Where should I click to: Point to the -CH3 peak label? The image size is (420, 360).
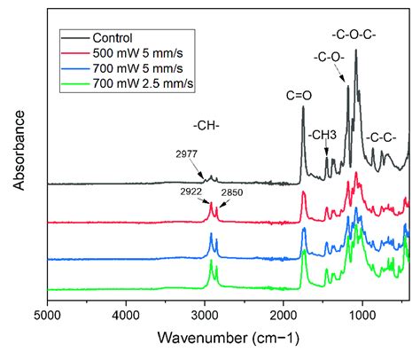pyautogui.click(x=323, y=135)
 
